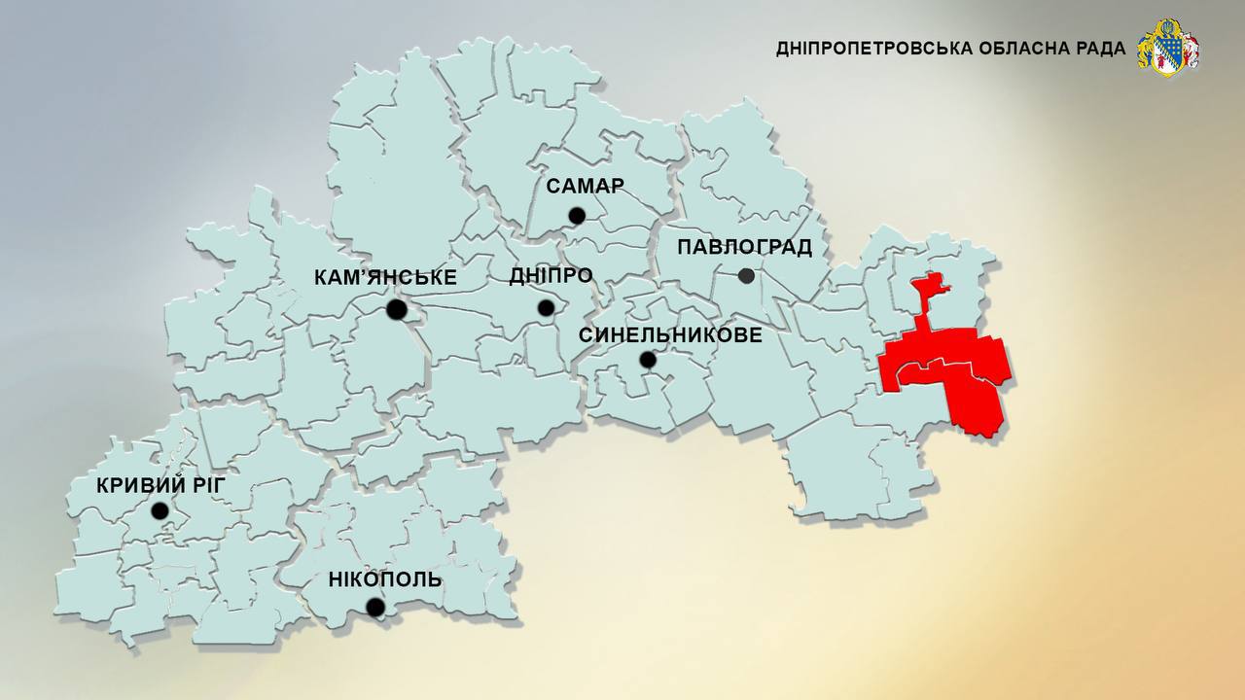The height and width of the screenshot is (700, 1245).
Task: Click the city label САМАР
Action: point(585,186)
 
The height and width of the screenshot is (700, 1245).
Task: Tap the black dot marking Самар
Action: point(577,216)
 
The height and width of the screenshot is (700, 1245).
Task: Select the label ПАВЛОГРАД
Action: point(744,247)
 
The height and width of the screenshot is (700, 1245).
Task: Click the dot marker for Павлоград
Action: point(746,276)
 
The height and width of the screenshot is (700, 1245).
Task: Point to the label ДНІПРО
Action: point(551,276)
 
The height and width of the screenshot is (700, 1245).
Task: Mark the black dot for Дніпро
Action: point(546,308)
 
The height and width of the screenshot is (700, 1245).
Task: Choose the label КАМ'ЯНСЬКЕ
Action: point(385,278)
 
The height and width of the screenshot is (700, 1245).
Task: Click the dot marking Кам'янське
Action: point(396,310)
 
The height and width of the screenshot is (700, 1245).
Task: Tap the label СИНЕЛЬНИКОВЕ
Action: point(670,334)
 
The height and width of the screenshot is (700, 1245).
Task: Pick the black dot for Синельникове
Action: point(648,360)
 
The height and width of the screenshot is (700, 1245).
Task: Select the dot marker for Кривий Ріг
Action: point(160,510)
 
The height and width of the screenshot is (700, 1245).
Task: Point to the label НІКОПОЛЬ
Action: point(385,580)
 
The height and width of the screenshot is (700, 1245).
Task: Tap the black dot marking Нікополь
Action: point(375,608)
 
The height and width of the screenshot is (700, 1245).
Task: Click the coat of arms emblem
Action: point(1168,48)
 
